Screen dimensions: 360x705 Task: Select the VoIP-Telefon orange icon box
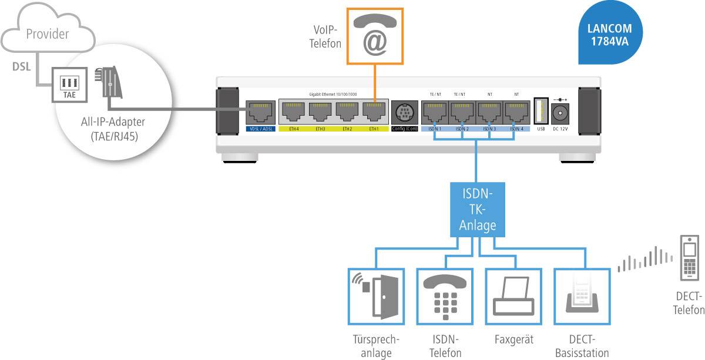pyautogui.click(x=374, y=36)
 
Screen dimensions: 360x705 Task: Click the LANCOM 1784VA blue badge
pyautogui.click(x=609, y=35)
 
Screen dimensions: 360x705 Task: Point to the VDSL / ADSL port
pyautogui.click(x=258, y=112)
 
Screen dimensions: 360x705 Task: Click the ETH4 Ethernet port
pyautogui.click(x=293, y=112)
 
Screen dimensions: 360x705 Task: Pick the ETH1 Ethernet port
pyautogui.click(x=374, y=112)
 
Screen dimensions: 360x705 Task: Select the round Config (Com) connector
pyautogui.click(x=404, y=112)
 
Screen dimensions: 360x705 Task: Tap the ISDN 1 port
pyautogui.click(x=434, y=112)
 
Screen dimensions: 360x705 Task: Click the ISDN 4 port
pyautogui.click(x=516, y=112)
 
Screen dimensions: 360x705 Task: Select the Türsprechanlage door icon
pyautogui.click(x=374, y=296)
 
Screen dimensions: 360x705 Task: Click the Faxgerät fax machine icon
pyautogui.click(x=511, y=296)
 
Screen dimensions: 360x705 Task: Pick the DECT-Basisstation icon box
pyautogui.click(x=580, y=296)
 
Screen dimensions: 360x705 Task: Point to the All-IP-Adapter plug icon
pyautogui.click(x=110, y=82)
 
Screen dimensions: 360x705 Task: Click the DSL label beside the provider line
pyautogui.click(x=22, y=66)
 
